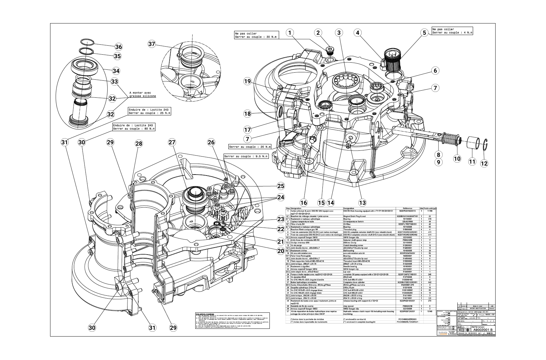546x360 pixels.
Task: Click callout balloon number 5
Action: pyautogui.click(x=424, y=33)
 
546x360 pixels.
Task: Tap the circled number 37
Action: pyautogui.click(x=152, y=44)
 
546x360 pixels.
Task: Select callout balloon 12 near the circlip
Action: pyautogui.click(x=484, y=163)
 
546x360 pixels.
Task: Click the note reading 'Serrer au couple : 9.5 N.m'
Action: pyautogui.click(x=246, y=157)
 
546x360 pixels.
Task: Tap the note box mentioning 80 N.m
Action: pyautogui.click(x=134, y=127)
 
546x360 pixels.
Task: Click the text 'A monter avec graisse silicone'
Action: pyautogui.click(x=143, y=94)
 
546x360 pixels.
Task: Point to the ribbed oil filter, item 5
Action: pyautogui.click(x=392, y=61)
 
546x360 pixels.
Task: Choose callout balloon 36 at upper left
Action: pyautogui.click(x=119, y=47)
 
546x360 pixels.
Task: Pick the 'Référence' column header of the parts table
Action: pyautogui.click(x=404, y=208)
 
